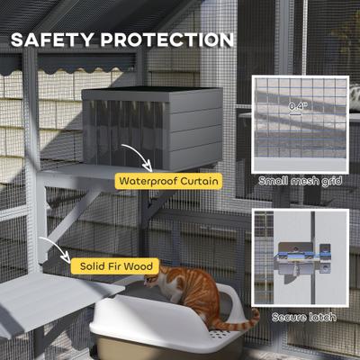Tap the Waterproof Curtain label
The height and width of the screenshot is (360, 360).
pos(168,182)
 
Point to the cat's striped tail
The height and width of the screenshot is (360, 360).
pos(241,318)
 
